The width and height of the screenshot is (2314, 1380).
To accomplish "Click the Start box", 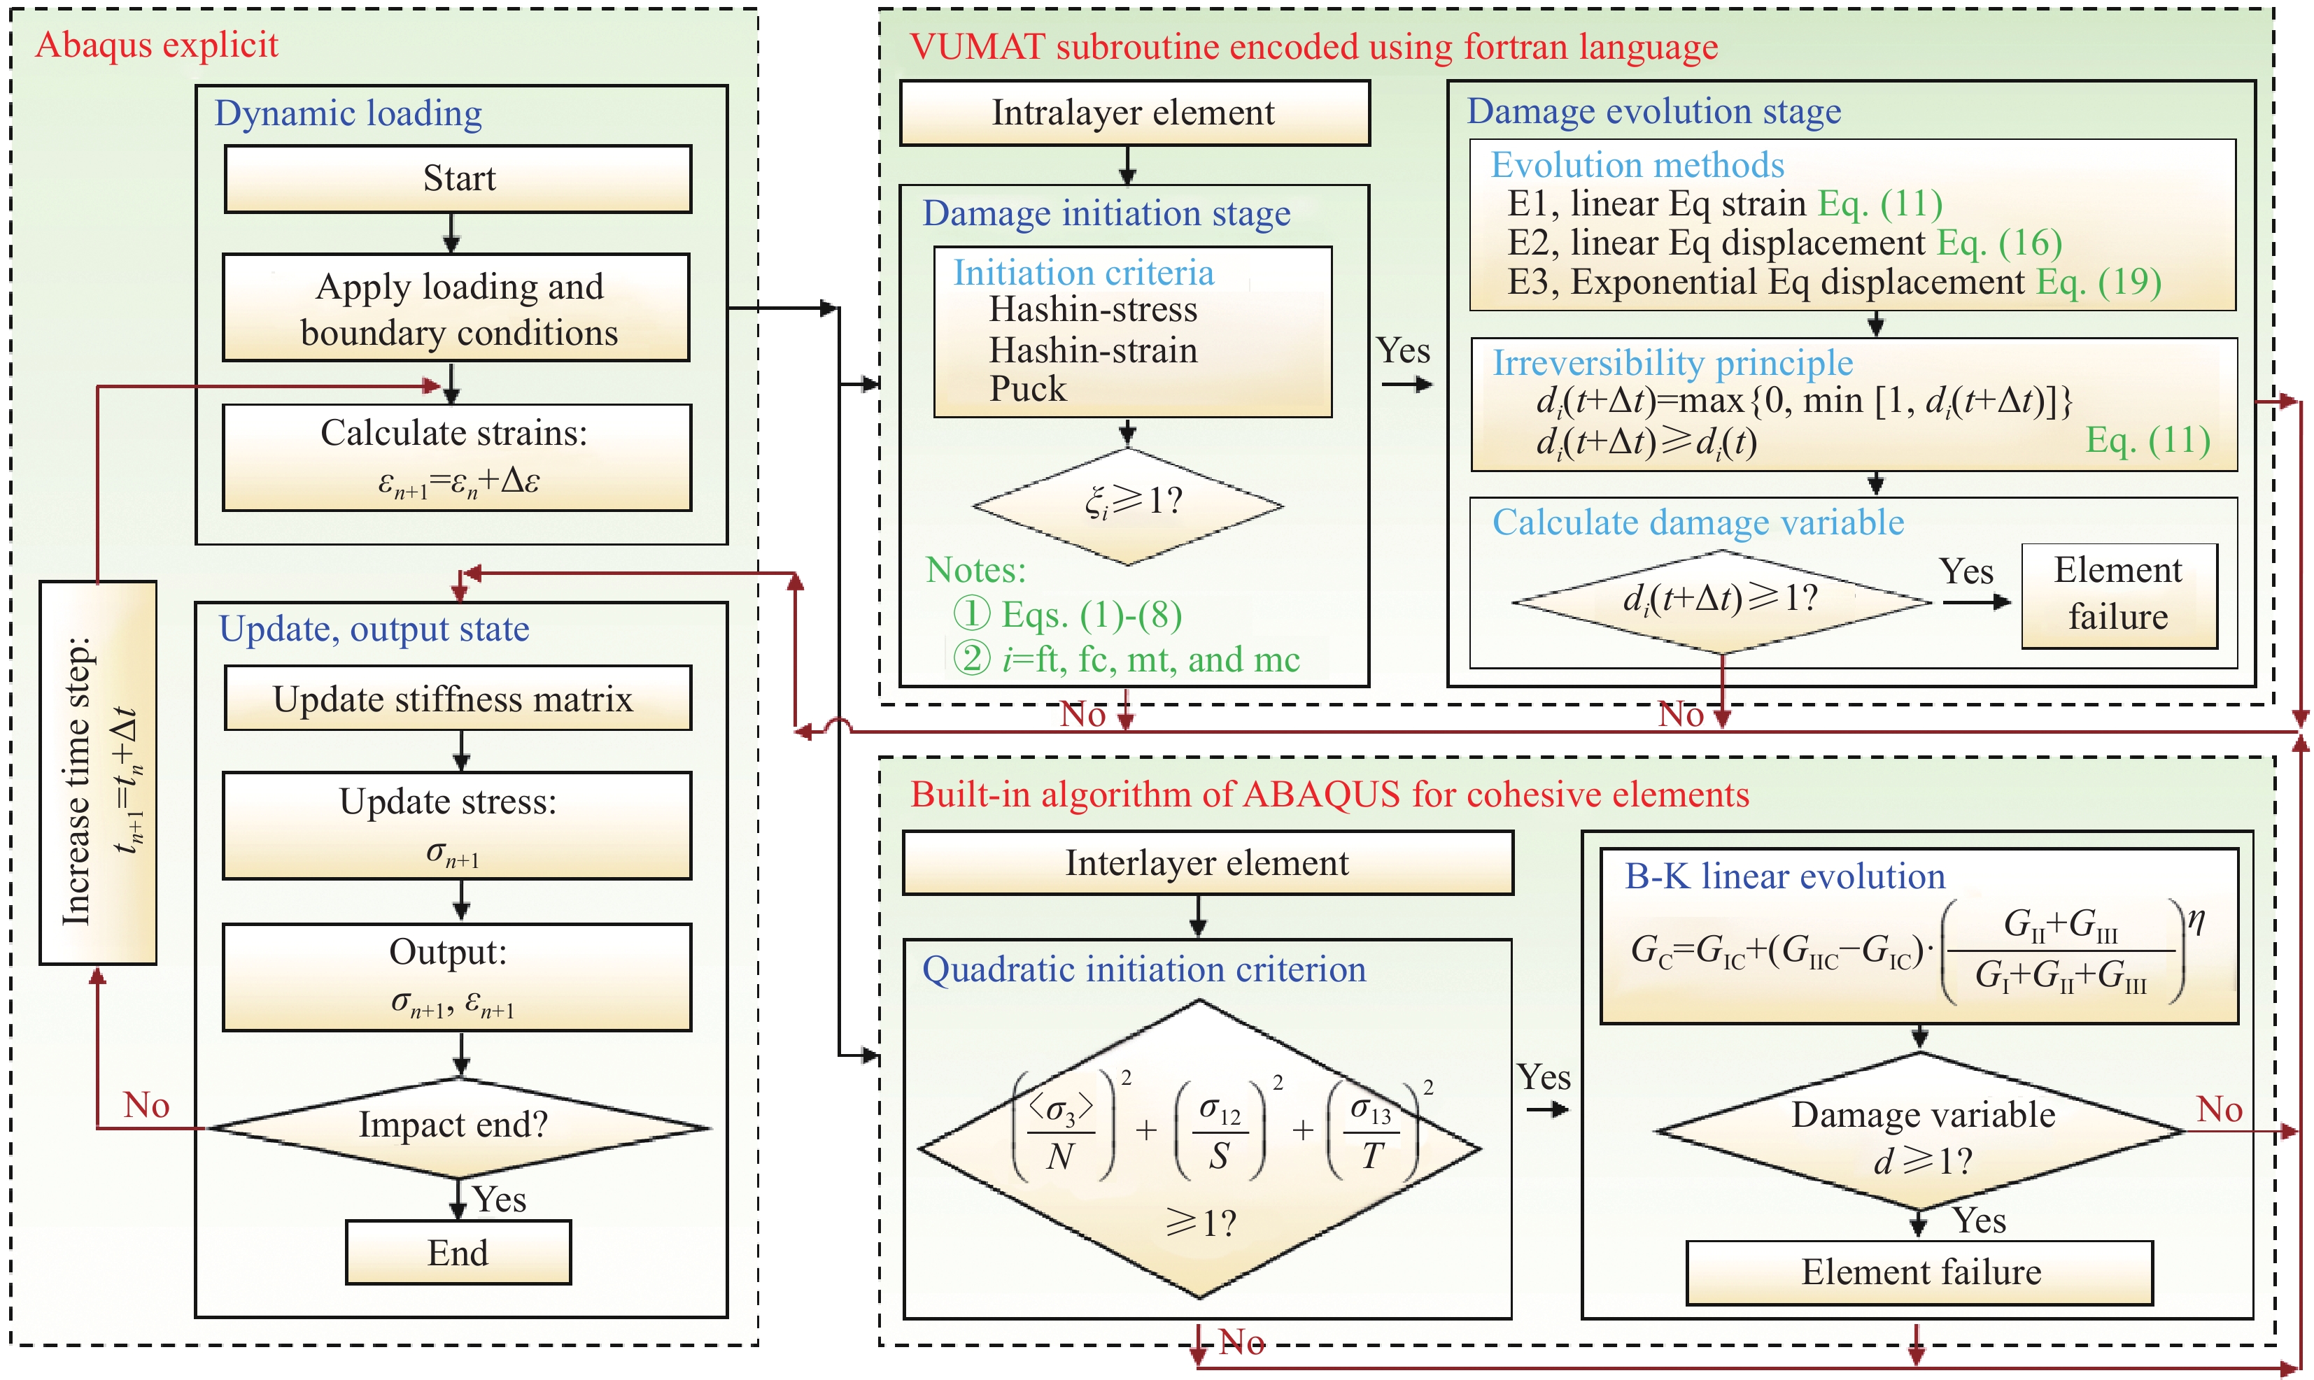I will pyautogui.click(x=458, y=178).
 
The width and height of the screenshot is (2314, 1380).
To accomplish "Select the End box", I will pyautogui.click(x=458, y=1253).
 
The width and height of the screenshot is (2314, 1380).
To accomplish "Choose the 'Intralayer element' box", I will pyautogui.click(x=1134, y=113).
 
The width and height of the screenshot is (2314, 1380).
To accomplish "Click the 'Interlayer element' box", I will pyautogui.click(x=1206, y=863).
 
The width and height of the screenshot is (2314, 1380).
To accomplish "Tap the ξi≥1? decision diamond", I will pyautogui.click(x=1128, y=505).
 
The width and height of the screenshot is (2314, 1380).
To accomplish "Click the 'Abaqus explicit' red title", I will pyautogui.click(x=156, y=45).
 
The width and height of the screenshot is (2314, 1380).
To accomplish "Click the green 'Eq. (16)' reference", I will pyautogui.click(x=2000, y=243).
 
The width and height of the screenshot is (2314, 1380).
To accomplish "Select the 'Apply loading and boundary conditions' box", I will pyautogui.click(x=457, y=308).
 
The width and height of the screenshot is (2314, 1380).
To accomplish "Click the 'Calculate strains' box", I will pyautogui.click(x=457, y=457).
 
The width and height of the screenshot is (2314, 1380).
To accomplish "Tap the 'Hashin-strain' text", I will pyautogui.click(x=1093, y=350).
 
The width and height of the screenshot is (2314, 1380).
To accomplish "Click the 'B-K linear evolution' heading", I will pyautogui.click(x=1784, y=876).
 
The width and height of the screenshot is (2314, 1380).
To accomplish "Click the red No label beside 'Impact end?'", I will pyautogui.click(x=147, y=1104).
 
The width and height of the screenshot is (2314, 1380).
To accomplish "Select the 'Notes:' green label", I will pyautogui.click(x=975, y=569).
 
